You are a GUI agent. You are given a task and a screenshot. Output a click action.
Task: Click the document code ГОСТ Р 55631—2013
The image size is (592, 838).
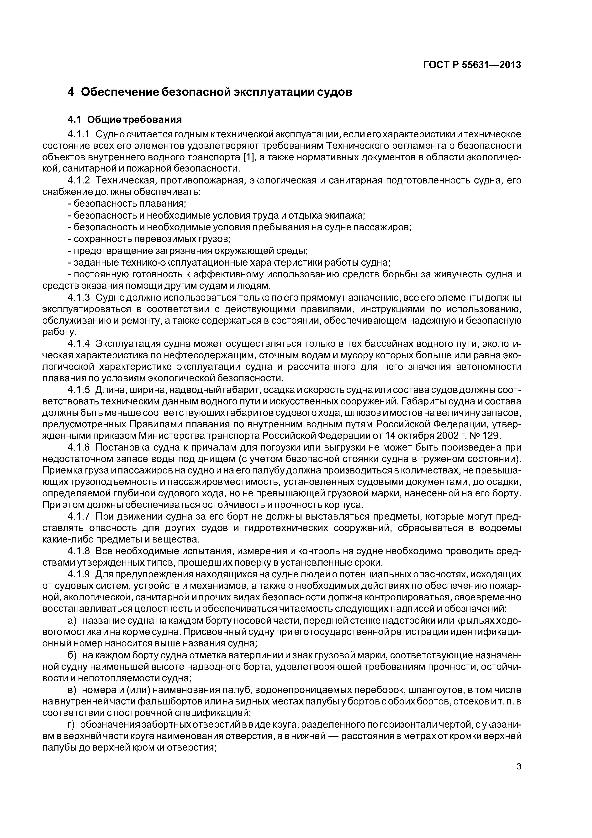coord(472,65)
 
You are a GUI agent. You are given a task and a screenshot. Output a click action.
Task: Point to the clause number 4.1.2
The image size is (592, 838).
coord(79,180)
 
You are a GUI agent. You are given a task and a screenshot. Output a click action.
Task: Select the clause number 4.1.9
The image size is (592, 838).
coord(79,574)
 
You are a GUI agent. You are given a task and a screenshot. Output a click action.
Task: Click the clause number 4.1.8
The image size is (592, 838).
coord(79,551)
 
